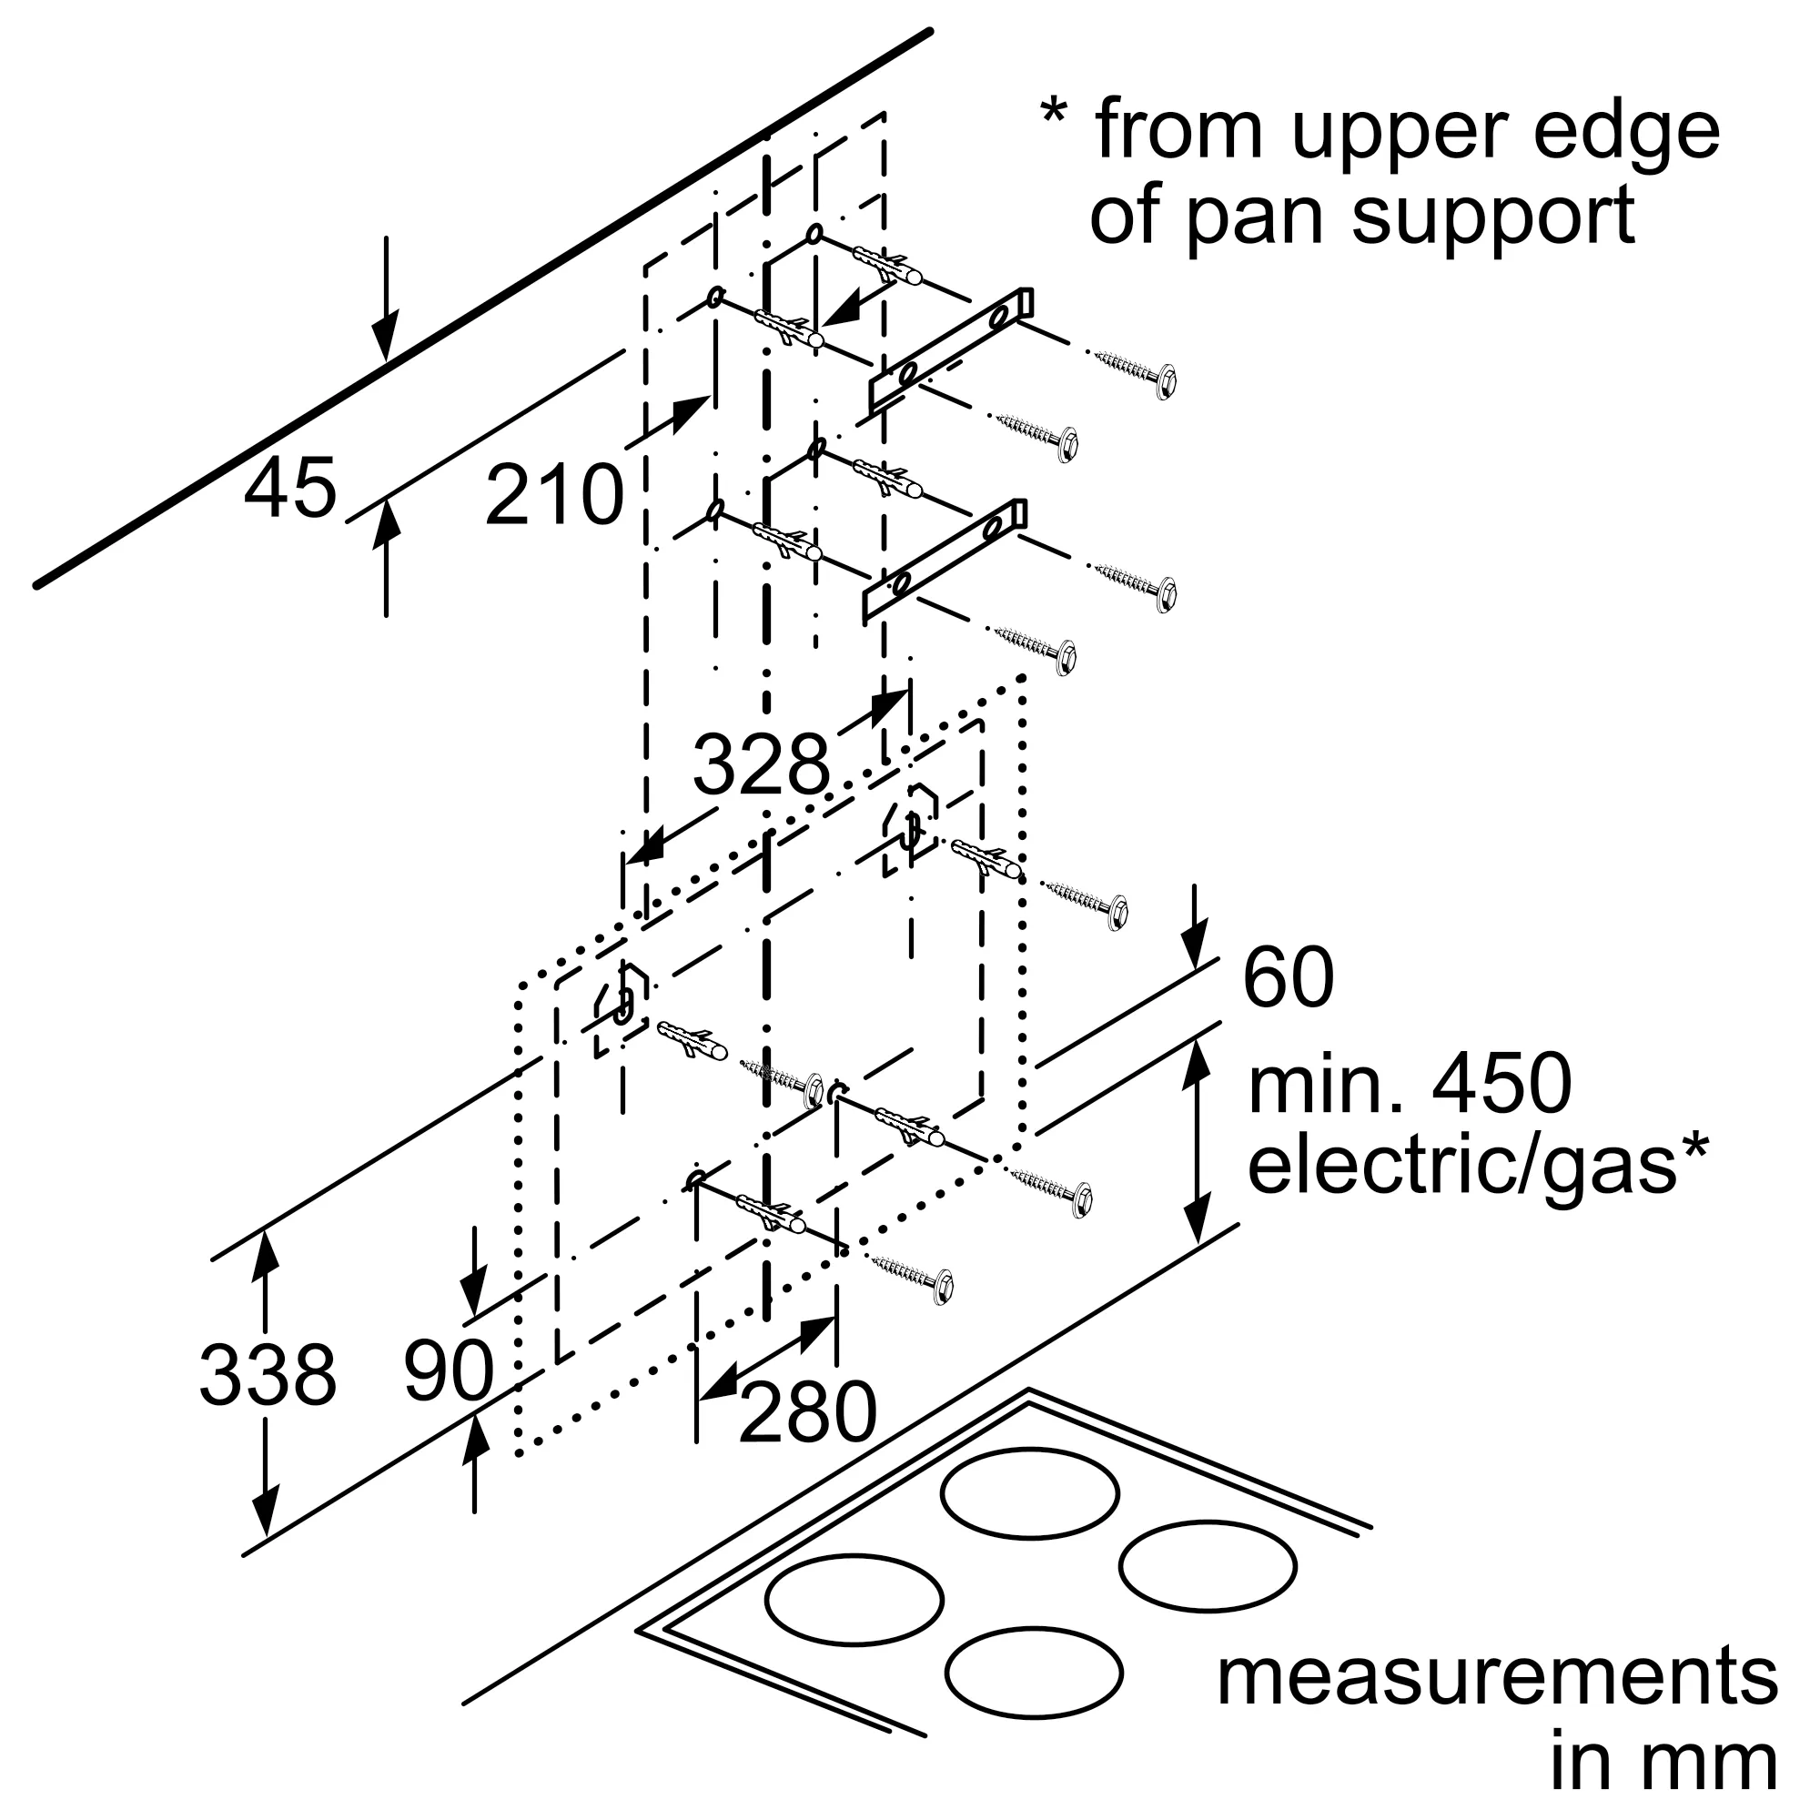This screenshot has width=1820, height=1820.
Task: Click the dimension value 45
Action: tap(289, 489)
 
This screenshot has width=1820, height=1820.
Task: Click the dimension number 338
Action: tap(268, 1376)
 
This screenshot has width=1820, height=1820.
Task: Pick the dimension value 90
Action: tap(449, 1371)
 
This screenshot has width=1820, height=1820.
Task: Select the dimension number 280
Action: tap(807, 1413)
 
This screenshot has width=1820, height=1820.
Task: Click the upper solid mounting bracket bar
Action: tap(951, 349)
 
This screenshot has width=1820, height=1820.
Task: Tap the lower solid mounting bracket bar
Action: tap(945, 561)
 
